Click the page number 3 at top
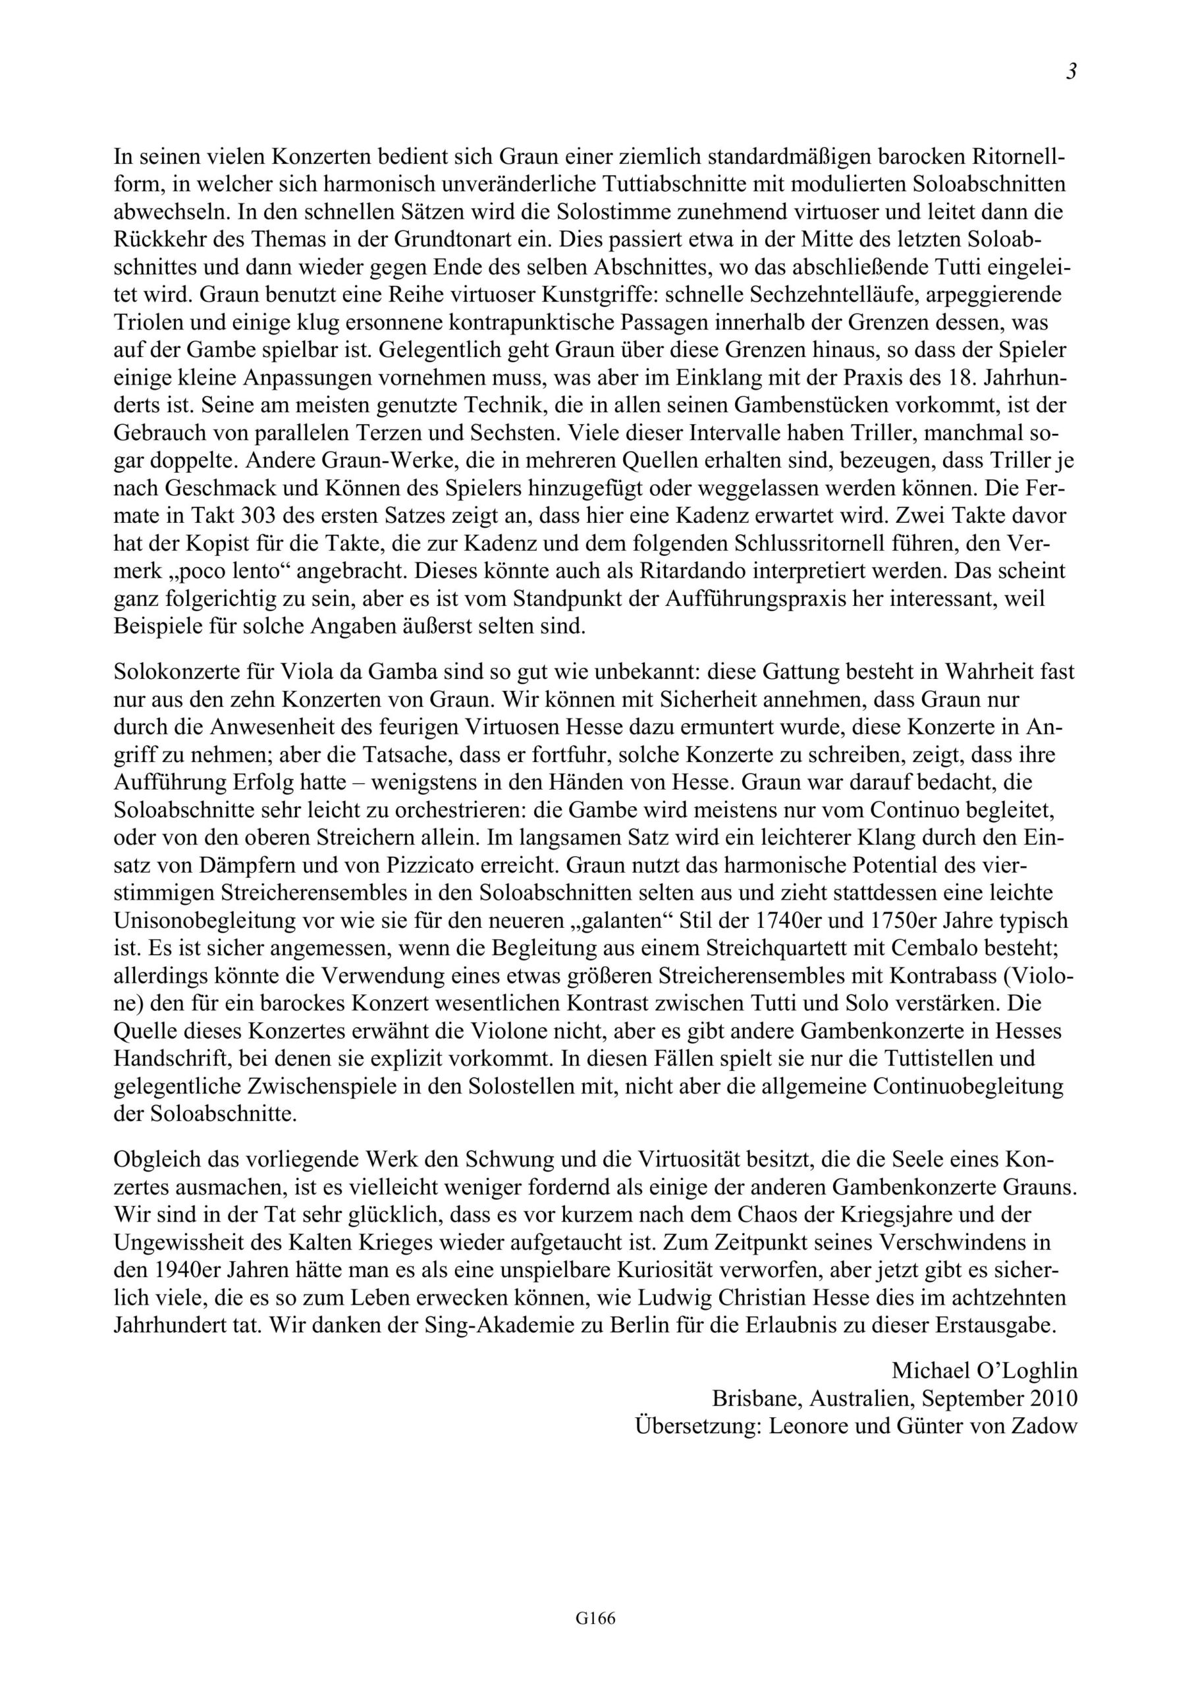coord(1071,72)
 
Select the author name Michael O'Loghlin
coord(984,1371)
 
